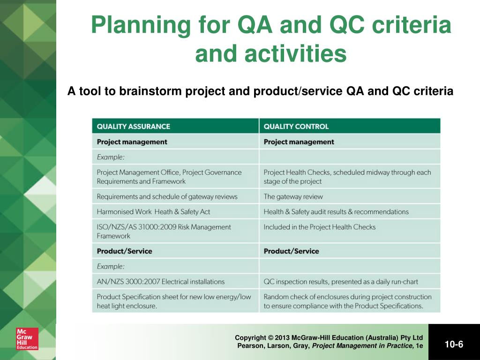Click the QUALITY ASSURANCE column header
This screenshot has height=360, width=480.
click(x=134, y=127)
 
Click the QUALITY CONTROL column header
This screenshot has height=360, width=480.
click(x=296, y=127)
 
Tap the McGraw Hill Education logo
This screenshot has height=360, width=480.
click(x=27, y=338)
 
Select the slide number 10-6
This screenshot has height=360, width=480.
click(x=454, y=345)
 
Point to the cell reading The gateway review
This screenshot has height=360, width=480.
click(x=293, y=196)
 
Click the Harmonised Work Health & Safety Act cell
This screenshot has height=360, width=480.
click(x=154, y=211)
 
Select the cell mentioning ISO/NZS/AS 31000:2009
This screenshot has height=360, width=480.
click(x=164, y=231)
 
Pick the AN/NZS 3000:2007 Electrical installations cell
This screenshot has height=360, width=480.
click(x=161, y=282)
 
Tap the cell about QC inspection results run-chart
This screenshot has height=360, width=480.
click(x=341, y=282)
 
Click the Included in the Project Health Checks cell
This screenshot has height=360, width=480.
click(x=320, y=227)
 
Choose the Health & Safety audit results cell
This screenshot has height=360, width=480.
click(x=336, y=211)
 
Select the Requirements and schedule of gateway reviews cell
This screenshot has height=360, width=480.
click(x=167, y=196)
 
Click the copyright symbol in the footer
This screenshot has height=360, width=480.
click(x=270, y=337)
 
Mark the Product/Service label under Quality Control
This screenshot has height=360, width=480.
click(x=292, y=251)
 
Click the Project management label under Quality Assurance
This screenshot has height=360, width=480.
click(x=132, y=142)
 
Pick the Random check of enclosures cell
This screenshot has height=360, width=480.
click(x=348, y=301)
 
